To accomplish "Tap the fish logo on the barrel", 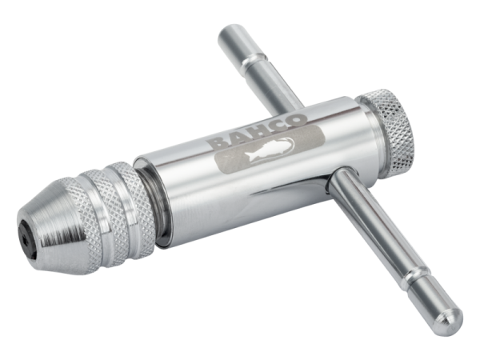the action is pos(270,149).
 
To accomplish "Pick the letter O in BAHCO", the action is pos(296,120).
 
